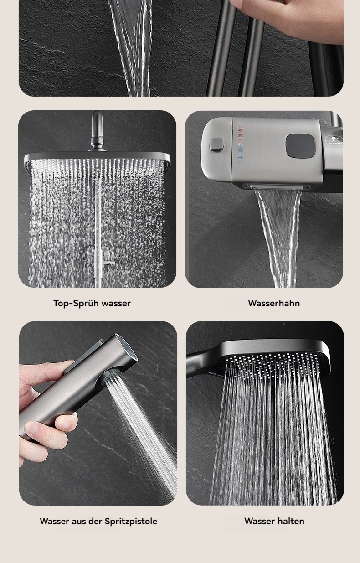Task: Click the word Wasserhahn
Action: point(274,303)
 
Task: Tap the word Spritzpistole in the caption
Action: point(131,521)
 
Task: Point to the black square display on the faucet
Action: point(300,146)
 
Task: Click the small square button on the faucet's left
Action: point(216,144)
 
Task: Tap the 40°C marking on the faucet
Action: point(241,144)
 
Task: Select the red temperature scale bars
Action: point(241,134)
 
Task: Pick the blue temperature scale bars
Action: point(241,155)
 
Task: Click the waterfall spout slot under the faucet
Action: point(278,187)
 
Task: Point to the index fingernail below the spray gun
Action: point(32,427)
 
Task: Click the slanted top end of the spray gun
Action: point(127,346)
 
